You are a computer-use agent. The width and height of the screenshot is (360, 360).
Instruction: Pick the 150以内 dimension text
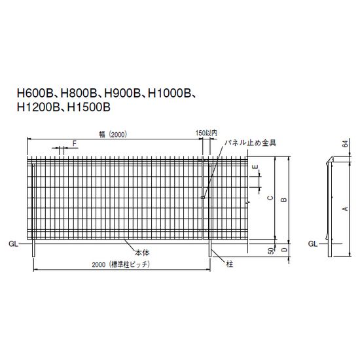point(205,134)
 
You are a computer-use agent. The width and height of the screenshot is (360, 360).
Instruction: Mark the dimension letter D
point(283,249)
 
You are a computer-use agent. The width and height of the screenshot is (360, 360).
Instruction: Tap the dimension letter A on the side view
point(344,207)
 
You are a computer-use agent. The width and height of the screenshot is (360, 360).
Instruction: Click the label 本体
point(142,252)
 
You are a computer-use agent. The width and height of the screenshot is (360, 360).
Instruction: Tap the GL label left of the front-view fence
point(13,243)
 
